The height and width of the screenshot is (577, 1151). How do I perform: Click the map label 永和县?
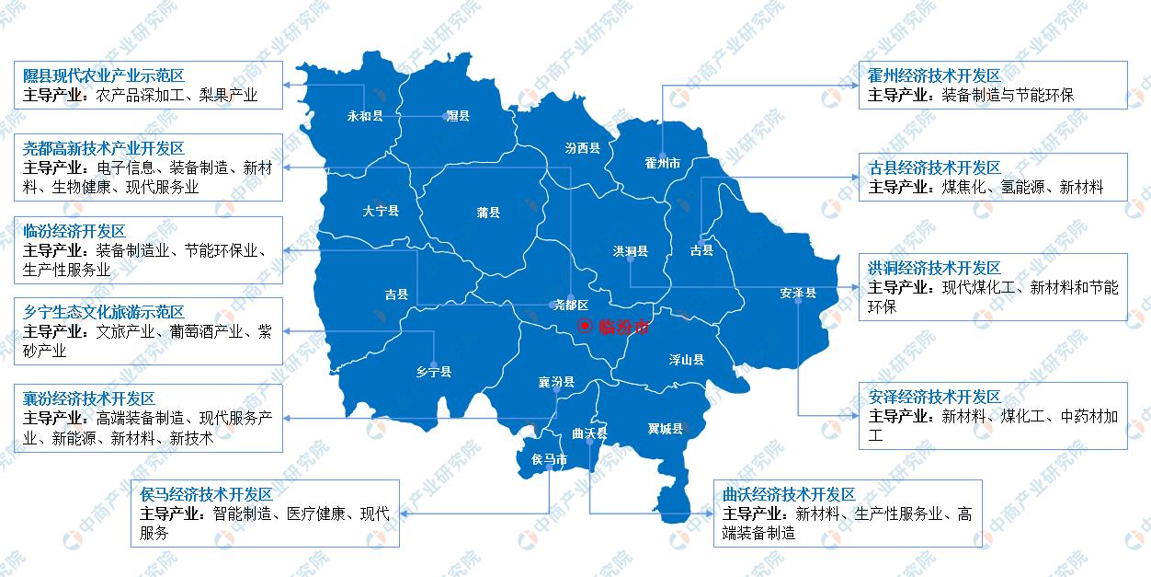coord(364,117)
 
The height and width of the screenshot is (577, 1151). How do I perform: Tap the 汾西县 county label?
coord(582,148)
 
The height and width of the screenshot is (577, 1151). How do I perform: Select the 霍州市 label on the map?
coord(662,164)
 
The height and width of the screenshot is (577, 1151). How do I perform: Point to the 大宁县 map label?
coord(381,211)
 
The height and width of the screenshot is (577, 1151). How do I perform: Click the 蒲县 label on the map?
coord(488,213)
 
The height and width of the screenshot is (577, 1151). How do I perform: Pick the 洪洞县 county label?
coord(631,250)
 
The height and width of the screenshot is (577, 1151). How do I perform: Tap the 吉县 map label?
coord(396,295)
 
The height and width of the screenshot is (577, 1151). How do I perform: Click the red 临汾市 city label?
coord(623,326)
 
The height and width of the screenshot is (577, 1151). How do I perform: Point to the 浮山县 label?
coord(686,360)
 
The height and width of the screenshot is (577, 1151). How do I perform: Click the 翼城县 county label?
coord(665,429)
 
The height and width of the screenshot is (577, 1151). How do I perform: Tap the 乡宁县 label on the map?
coord(434,372)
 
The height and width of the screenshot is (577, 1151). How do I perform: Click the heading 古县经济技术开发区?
coord(934,167)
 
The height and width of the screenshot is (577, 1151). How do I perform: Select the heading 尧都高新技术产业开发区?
coord(104,148)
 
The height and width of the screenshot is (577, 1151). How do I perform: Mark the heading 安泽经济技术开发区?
coord(934,397)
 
